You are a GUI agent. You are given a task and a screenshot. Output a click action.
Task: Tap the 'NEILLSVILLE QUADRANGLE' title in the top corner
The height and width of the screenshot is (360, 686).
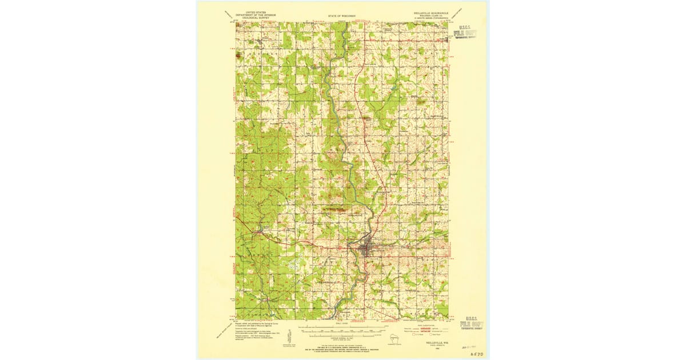pyautogui.click(x=431, y=10)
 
